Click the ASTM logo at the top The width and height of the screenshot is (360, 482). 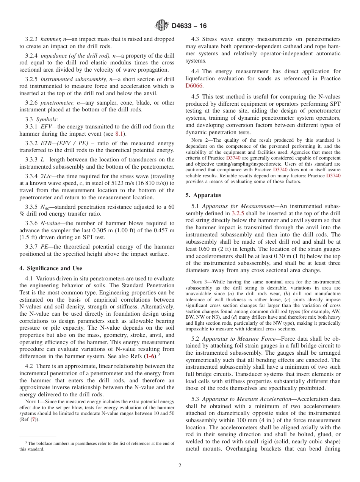(162, 26)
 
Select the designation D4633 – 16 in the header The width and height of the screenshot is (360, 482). (189, 26)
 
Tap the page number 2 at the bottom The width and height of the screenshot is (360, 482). (180, 466)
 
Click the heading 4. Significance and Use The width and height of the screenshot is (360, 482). (50, 268)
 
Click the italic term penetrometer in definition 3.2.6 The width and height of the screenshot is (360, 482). (56, 102)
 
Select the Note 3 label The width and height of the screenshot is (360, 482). (199, 282)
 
